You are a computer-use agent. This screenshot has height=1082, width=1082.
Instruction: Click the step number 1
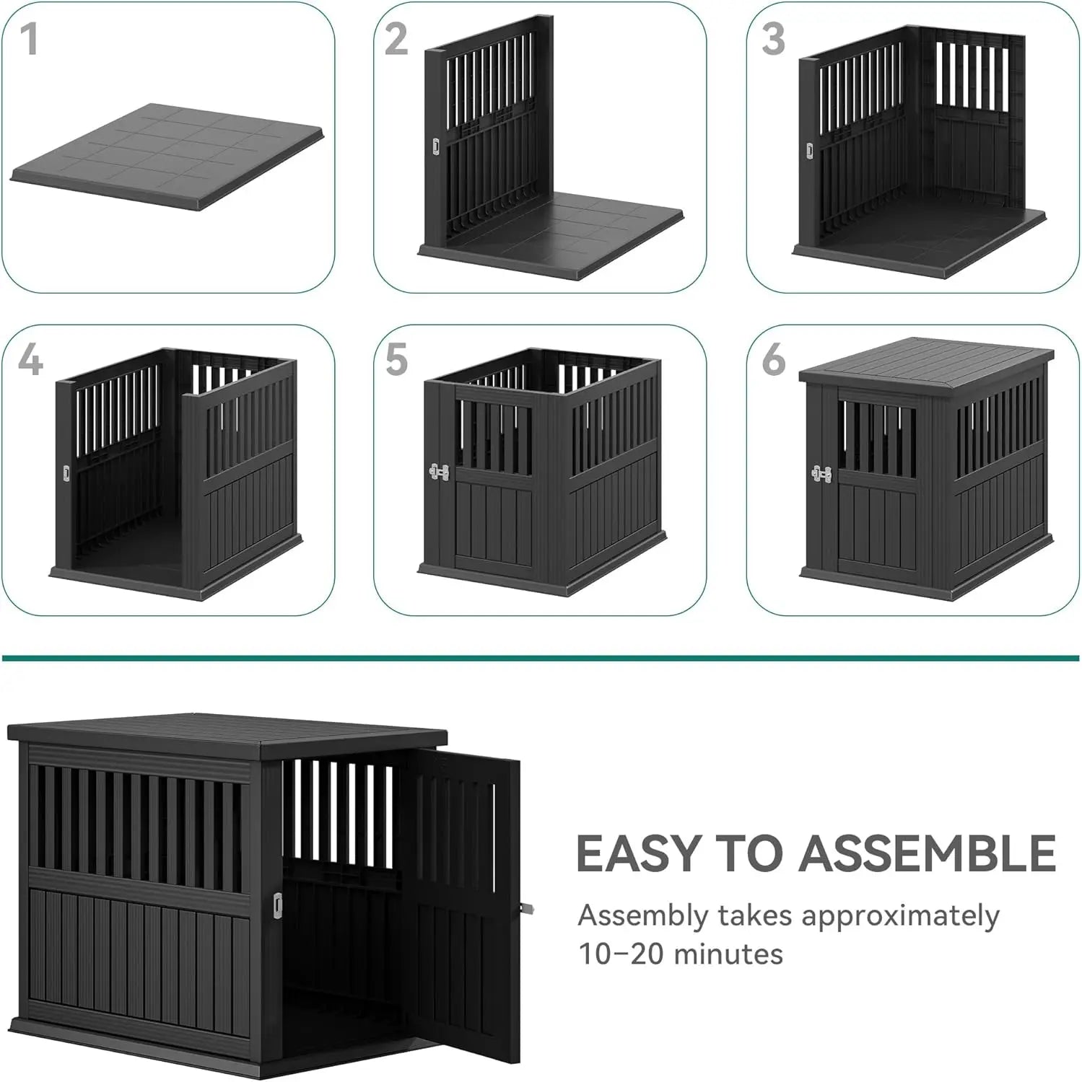29,39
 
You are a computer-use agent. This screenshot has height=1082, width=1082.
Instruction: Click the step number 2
396,39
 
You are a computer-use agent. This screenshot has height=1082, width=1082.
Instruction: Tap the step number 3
773,39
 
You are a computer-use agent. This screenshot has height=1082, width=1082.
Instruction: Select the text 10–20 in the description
620,954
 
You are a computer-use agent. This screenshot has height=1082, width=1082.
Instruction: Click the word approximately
900,917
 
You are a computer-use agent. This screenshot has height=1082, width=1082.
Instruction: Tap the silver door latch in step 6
821,474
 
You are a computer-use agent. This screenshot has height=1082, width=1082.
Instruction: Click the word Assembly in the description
643,917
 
